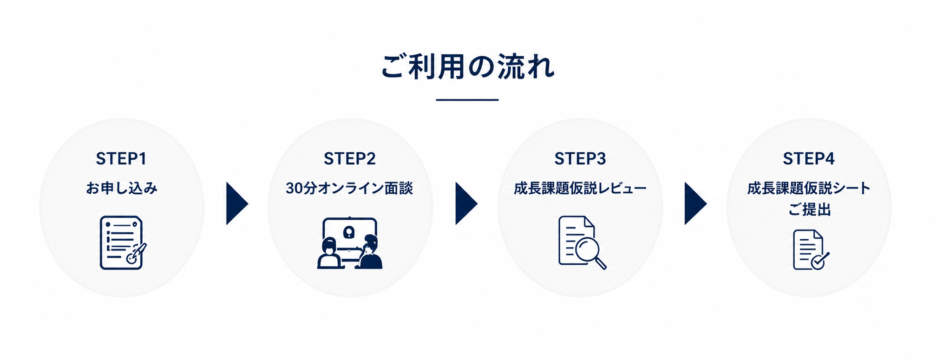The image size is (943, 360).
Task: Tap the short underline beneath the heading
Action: pyautogui.click(x=467, y=100)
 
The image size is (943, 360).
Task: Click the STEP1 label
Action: pyautogui.click(x=121, y=159)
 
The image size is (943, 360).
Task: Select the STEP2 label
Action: pyautogui.click(x=350, y=159)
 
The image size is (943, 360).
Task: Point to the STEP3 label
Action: pyautogui.click(x=580, y=159)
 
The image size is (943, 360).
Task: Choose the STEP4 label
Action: pyautogui.click(x=809, y=159)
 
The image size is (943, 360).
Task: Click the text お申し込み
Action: pyautogui.click(x=122, y=188)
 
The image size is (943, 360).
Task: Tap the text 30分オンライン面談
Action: pyautogui.click(x=349, y=188)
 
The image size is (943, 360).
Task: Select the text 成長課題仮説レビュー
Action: pyautogui.click(x=580, y=188)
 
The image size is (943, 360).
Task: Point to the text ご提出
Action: pyautogui.click(x=809, y=209)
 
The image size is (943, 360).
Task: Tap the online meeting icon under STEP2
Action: pyautogui.click(x=350, y=243)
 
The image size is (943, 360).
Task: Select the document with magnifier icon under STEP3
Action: pyautogui.click(x=582, y=242)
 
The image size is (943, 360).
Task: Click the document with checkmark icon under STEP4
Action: pyautogui.click(x=811, y=250)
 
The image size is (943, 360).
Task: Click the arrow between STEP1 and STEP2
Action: pyautogui.click(x=236, y=203)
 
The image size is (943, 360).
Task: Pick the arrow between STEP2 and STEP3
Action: pyautogui.click(x=465, y=203)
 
